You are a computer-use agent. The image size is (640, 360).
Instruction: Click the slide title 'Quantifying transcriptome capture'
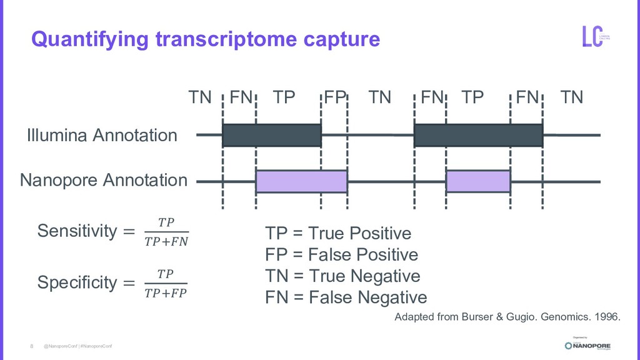[x=206, y=39]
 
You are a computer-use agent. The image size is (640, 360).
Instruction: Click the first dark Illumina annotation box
[x=271, y=135]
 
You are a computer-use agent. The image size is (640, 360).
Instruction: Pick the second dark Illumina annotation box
[x=478, y=135]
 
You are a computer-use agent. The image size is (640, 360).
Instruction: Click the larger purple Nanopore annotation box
[x=301, y=181]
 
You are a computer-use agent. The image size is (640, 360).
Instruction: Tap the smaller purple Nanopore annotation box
[x=478, y=181]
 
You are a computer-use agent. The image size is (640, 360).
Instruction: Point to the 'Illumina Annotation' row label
[x=102, y=135]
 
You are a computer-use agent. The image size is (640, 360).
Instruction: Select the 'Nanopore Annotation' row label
[x=104, y=181]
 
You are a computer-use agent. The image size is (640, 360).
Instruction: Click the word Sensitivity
[x=77, y=231]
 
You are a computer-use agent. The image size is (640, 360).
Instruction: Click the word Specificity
[x=77, y=282]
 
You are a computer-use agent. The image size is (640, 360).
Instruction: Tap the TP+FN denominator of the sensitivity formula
[x=166, y=241]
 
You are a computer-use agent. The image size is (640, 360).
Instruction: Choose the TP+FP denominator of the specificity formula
[x=166, y=292]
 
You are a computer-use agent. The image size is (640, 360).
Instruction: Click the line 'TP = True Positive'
[x=338, y=234]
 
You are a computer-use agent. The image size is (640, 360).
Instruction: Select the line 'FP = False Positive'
[x=341, y=255]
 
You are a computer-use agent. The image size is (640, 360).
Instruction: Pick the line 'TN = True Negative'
[x=342, y=276]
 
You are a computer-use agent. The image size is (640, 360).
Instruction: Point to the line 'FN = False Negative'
[x=346, y=297]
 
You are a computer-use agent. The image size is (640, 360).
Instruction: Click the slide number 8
[x=32, y=346]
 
